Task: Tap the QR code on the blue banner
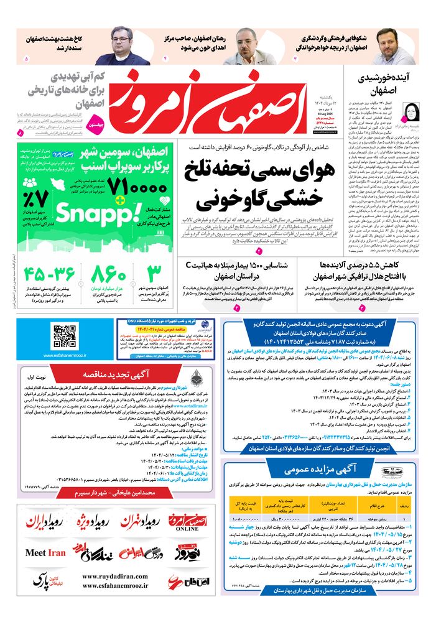(x=64, y=337)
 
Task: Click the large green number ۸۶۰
(x=109, y=274)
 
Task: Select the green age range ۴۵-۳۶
(x=50, y=274)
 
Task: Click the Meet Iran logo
(x=45, y=552)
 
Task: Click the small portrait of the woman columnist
(x=411, y=113)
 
